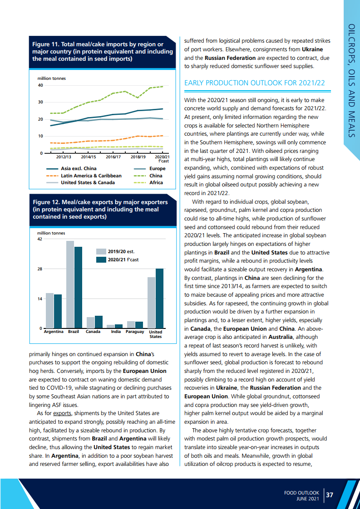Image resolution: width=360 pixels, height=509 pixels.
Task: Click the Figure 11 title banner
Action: (102, 51)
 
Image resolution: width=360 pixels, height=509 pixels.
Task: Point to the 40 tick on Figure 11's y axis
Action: (40, 85)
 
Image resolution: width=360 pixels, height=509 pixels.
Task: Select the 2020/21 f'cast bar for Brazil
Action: (79, 287)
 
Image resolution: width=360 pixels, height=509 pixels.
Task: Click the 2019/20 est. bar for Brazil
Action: (70, 284)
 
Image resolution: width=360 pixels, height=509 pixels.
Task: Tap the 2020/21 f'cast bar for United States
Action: (160, 298)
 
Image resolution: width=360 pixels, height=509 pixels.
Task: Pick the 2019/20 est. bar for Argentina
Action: (49, 310)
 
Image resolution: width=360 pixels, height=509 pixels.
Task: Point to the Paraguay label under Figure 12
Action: (135, 332)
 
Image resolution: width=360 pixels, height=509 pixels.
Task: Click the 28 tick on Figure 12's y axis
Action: (39, 269)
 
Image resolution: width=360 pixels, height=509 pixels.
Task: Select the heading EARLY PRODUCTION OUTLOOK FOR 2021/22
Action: (254, 83)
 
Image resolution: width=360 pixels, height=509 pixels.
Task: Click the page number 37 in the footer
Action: (330, 495)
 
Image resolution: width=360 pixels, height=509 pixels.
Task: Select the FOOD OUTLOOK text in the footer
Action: (302, 492)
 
